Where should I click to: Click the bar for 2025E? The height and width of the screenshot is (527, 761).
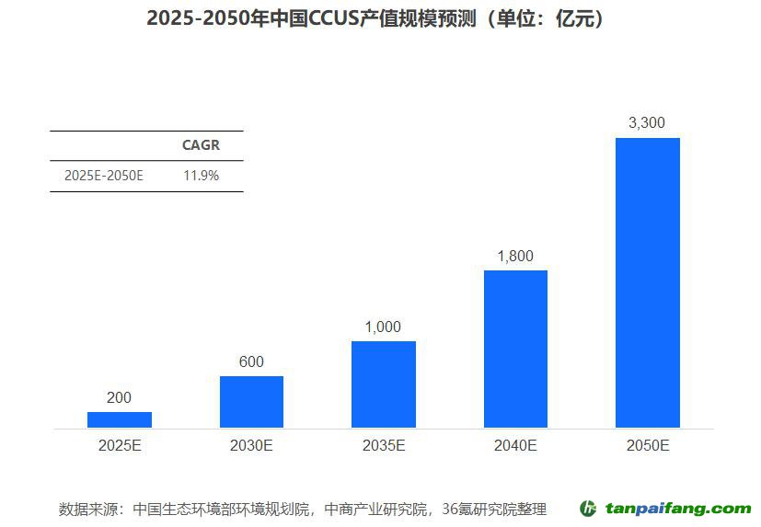coord(120,419)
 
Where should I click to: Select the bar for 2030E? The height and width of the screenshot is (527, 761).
coord(251,402)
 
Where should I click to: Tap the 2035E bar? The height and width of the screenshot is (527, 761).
coord(384,384)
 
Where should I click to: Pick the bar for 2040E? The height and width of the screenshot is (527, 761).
coord(515,349)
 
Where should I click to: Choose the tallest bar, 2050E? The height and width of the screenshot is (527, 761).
coord(648,283)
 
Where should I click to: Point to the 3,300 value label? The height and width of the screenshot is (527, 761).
coord(646,122)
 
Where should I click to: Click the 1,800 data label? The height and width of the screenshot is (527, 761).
coord(514,256)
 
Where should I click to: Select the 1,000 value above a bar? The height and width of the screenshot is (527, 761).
coord(383,327)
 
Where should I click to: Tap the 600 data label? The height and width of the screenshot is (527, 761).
coord(251,361)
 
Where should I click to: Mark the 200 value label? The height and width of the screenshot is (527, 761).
coord(120,397)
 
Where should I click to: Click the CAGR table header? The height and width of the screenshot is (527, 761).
coord(201,145)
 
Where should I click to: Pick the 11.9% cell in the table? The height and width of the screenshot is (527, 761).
coord(202,175)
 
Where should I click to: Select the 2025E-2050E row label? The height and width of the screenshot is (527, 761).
coord(104,175)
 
